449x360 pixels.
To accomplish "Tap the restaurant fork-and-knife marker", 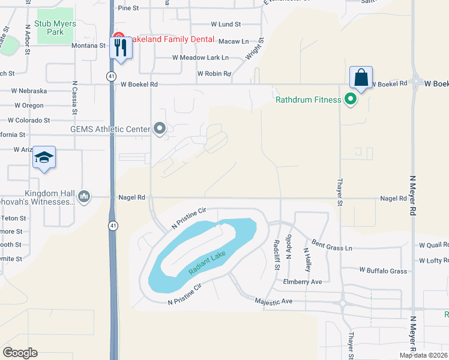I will coord(121,47).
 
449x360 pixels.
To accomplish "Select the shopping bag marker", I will coord(361,77).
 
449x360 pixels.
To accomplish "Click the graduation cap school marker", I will coord(44,157).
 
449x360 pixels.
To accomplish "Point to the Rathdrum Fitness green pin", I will coord(350,100).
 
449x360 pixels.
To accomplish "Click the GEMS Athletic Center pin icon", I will coord(159,128).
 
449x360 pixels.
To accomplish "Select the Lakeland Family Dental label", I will coord(170,39).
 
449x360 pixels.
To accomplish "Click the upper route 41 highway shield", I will coord(112,76).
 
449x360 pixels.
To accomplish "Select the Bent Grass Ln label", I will coord(331,247).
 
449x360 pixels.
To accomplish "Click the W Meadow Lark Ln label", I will coord(200,58).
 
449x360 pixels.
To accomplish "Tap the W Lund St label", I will coord(226,25).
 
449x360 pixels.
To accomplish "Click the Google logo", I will coord(20,353).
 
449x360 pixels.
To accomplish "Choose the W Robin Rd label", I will coord(214,74).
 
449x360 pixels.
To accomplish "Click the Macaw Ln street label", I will coord(233,41).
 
